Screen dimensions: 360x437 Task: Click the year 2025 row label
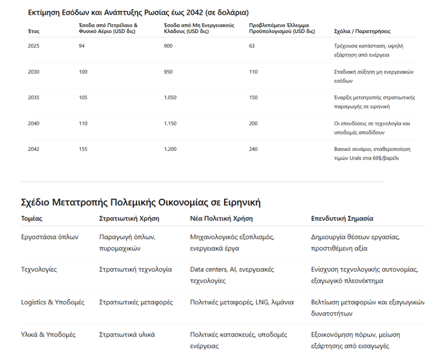tap(34, 46)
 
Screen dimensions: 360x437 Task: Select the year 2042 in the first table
tap(34, 149)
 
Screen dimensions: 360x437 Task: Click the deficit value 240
tap(254, 149)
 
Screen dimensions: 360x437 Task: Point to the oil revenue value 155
tap(83, 149)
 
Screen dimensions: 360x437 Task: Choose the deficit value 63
tap(252, 46)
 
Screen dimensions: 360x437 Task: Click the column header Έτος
tap(34, 31)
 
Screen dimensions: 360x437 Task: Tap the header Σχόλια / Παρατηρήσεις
tap(362, 31)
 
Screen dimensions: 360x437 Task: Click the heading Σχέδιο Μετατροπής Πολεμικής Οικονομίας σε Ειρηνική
tap(141, 202)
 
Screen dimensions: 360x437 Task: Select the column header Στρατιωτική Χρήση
tap(129, 219)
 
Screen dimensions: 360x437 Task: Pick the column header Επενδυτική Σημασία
tap(342, 219)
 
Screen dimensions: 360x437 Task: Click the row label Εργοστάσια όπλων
tap(49, 237)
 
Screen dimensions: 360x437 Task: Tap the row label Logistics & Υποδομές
tap(52, 302)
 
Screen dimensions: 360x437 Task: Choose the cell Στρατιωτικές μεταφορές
tap(136, 302)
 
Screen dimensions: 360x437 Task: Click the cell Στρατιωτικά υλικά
tap(127, 335)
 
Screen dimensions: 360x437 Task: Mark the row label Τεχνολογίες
tap(39, 270)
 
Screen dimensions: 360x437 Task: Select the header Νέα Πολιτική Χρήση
tap(221, 219)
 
